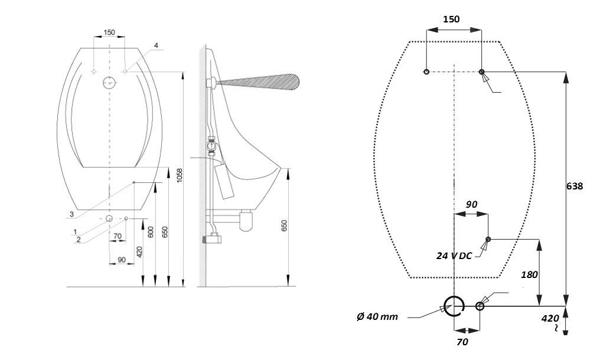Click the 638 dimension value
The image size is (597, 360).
[574, 186]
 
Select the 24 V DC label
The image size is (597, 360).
[453, 256]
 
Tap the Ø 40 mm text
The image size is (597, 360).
[377, 316]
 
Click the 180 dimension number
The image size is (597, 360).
[530, 274]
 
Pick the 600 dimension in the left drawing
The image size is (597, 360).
[151, 232]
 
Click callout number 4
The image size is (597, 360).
[156, 45]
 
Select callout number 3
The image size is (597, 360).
[71, 213]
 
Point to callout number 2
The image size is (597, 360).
[79, 240]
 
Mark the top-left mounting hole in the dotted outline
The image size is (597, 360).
[426, 72]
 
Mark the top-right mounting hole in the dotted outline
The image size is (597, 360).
[482, 72]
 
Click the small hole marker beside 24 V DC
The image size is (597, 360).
[488, 239]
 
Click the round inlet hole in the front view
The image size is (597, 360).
[109, 82]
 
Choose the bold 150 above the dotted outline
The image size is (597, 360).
[451, 19]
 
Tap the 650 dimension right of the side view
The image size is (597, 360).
[284, 226]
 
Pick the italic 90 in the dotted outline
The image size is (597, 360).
[471, 204]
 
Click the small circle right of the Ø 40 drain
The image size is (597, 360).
[480, 306]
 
